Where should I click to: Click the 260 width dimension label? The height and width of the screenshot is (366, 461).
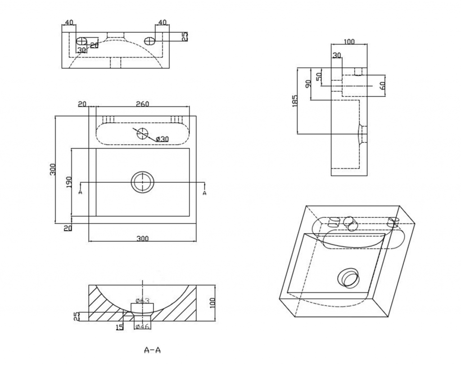tap(142, 104)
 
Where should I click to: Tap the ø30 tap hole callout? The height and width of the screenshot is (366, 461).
tap(162, 139)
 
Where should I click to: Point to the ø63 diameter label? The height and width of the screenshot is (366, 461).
tap(142, 301)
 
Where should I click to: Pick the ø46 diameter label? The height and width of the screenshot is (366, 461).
tap(142, 326)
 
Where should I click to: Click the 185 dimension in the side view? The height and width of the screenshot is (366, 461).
tap(294, 100)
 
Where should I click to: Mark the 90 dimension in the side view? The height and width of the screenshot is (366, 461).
tap(308, 84)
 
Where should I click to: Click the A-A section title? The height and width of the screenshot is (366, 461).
tap(152, 350)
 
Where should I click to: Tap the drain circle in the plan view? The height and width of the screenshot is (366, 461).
tap(143, 182)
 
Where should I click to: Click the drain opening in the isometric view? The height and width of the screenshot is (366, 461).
tap(348, 277)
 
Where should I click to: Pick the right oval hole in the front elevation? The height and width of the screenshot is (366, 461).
tap(149, 41)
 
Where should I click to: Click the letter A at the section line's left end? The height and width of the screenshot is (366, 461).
tap(80, 192)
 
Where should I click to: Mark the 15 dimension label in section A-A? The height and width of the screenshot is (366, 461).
tap(119, 327)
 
